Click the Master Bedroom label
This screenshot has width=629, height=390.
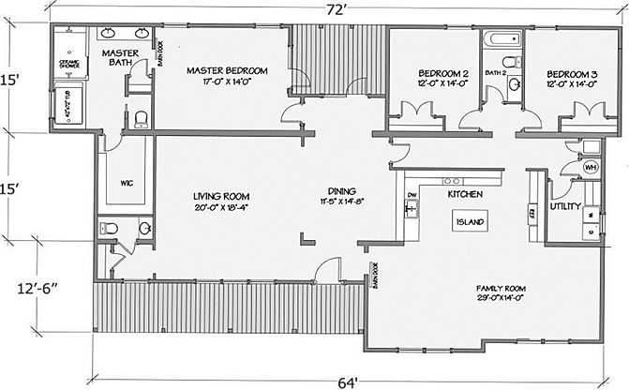(227, 70)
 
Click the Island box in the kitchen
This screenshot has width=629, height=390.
(469, 223)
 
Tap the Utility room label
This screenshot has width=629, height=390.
(567, 205)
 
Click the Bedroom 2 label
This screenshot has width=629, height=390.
(442, 73)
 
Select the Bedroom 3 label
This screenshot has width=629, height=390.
(572, 73)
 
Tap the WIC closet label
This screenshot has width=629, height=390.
(126, 184)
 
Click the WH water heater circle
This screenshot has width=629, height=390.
(592, 167)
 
